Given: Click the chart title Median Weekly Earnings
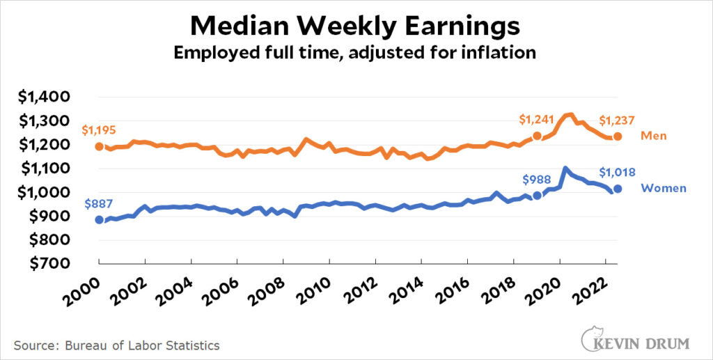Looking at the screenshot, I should click(x=355, y=26).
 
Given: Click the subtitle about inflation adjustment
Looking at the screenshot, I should click(x=355, y=54).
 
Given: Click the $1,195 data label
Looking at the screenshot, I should click(x=99, y=130).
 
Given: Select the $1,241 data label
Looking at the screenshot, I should click(x=537, y=120).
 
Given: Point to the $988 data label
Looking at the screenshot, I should click(x=537, y=179).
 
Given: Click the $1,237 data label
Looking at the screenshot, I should click(x=618, y=120).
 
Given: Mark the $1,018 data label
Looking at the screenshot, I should click(x=617, y=172).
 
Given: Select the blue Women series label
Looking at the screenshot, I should click(x=664, y=188).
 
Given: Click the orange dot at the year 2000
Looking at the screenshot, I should click(x=100, y=146).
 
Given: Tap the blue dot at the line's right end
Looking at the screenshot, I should click(x=618, y=189).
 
